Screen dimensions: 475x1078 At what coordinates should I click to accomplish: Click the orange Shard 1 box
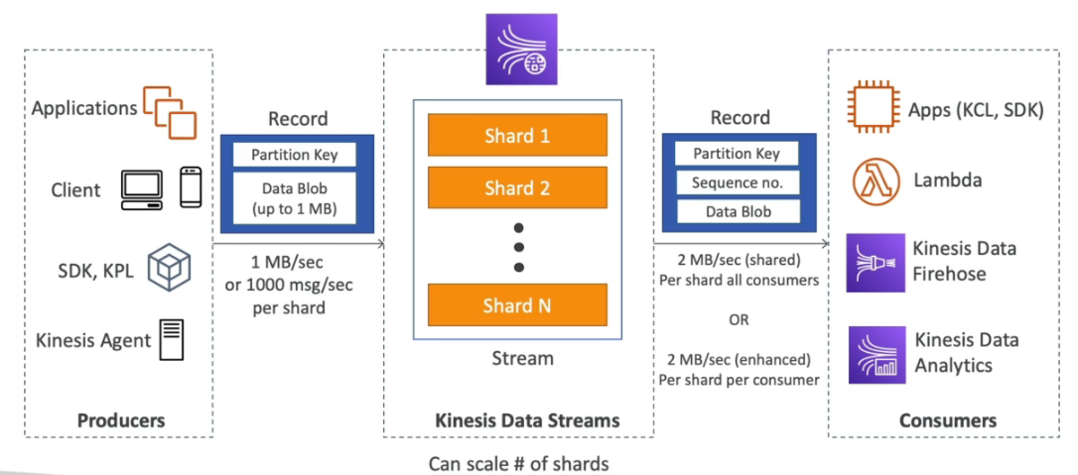coord(517,135)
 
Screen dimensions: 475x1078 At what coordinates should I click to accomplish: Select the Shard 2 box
coord(517,186)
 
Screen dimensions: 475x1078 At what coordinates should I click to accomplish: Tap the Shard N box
coord(517,305)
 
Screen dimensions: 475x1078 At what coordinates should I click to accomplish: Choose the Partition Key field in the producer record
coord(294,155)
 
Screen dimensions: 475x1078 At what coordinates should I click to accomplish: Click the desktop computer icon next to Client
coord(142,187)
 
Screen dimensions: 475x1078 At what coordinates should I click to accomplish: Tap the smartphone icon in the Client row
coord(192,186)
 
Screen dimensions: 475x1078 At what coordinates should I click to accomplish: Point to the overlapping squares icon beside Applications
coord(170,110)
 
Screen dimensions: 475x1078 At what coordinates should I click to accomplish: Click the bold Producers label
coord(121,420)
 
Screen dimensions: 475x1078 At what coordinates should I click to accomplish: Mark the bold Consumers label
coord(947,420)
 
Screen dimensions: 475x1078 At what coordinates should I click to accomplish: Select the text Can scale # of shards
coord(518,463)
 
